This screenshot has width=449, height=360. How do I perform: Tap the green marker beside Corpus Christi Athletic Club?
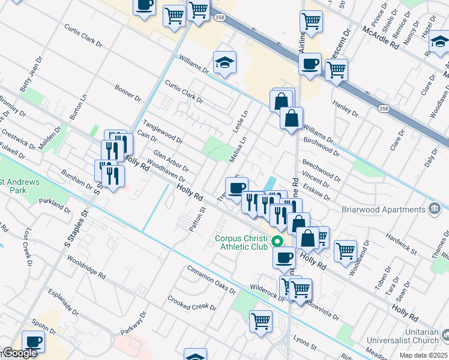277,242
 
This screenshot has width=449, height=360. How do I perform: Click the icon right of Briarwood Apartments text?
436,209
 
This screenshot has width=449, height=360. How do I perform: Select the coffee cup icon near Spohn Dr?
33,342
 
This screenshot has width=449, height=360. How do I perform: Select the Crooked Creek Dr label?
191,303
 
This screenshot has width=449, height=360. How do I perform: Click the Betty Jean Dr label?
29,80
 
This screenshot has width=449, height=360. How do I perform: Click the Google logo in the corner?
20,353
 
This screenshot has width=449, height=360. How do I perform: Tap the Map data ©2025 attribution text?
423,355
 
